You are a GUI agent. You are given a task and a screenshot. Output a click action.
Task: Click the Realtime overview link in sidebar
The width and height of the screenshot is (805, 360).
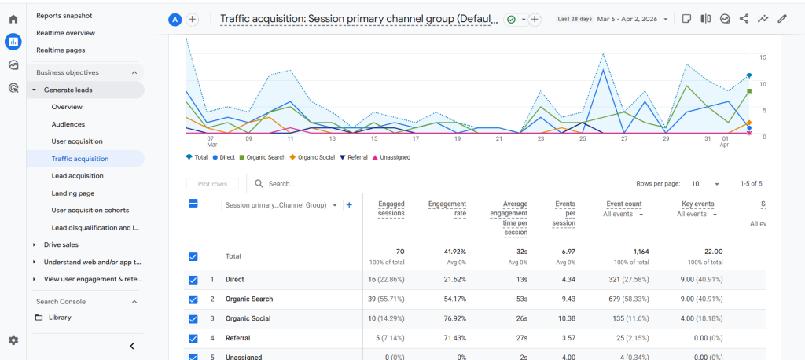65,33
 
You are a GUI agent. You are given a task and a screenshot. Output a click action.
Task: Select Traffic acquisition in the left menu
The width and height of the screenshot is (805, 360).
79,159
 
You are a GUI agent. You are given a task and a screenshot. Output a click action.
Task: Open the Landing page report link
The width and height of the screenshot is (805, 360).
72,193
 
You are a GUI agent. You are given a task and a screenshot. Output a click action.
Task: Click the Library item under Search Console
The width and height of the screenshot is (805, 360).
59,318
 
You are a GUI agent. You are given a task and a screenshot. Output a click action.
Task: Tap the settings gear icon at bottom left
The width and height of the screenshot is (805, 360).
13,340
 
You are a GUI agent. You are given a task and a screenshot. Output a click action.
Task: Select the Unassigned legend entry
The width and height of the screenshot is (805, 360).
394,157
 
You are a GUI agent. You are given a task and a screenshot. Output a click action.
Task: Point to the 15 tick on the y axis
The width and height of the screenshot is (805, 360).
763,57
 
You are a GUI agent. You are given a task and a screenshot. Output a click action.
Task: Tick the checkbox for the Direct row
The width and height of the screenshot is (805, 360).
193,279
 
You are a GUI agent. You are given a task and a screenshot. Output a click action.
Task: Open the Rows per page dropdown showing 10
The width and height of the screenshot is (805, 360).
705,184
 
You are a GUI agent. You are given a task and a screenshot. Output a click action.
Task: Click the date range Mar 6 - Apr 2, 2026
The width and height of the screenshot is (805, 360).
631,19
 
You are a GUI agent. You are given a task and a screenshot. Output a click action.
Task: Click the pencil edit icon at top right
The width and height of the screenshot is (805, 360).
781,19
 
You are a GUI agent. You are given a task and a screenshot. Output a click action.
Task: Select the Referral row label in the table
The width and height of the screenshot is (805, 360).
237,338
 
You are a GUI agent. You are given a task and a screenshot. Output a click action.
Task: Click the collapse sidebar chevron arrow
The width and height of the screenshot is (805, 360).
132,346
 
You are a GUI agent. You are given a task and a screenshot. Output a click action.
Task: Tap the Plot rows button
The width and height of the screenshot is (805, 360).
212,184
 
